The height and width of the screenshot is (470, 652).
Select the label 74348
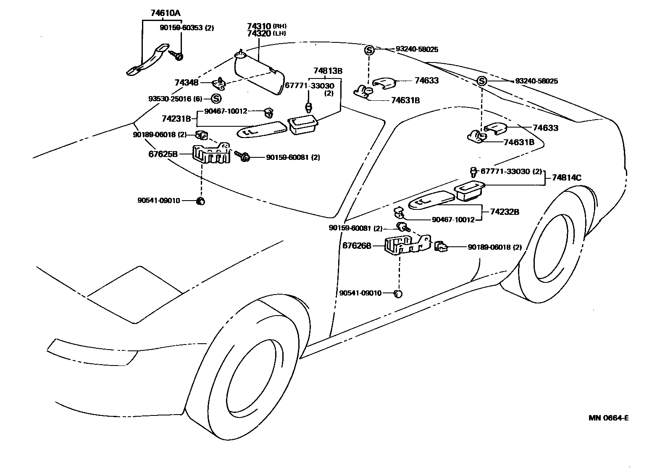click(x=186, y=83)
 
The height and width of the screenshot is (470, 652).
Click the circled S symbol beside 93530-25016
click(x=216, y=99)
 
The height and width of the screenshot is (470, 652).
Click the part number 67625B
click(x=163, y=154)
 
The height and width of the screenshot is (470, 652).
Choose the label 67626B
click(x=357, y=245)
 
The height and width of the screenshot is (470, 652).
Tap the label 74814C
click(x=566, y=178)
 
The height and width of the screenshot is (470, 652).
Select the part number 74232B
click(x=504, y=212)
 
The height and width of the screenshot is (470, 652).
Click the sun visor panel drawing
click(x=258, y=76)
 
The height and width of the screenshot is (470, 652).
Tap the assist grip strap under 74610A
click(x=147, y=61)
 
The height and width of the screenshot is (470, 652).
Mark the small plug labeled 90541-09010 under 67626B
click(x=398, y=293)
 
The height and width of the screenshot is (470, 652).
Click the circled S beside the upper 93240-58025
click(x=368, y=50)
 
